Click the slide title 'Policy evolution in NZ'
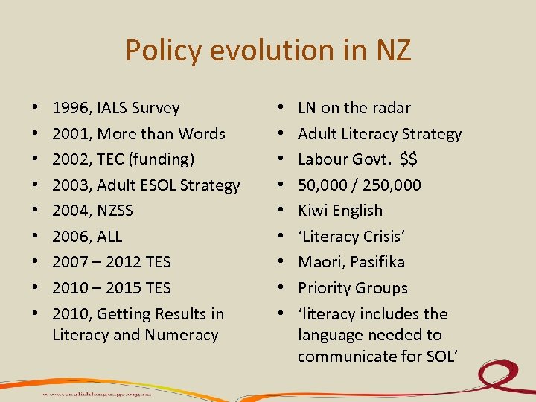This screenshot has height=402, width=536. pos(268,50)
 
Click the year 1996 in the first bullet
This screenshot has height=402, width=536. pos(69,108)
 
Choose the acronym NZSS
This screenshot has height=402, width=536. pos(115,211)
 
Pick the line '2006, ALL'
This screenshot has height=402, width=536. pos(87,237)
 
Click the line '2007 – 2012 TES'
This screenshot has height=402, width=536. pos(112,262)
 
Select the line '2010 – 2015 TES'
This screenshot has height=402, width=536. pos(112,288)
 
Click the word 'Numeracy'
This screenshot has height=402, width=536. pos(182,335)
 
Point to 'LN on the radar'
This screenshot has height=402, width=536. pos(354,108)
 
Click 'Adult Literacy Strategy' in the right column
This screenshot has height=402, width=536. pos(380,134)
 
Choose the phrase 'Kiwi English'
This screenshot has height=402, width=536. pos(340,211)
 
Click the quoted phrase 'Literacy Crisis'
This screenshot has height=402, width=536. pos(351,237)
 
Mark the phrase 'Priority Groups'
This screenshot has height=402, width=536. pos(353,288)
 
